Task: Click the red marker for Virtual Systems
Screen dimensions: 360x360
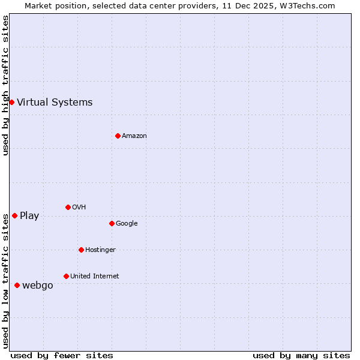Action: tap(11, 102)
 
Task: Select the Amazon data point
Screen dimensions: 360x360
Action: tap(118, 136)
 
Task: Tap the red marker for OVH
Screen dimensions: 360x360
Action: tap(68, 207)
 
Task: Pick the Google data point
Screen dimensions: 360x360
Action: tap(112, 223)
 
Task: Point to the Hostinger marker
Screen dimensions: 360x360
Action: tap(81, 250)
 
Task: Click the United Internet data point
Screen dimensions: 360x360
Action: tap(66, 276)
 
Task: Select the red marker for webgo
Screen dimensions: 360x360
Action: tap(17, 285)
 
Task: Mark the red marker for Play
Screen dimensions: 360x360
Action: tap(14, 215)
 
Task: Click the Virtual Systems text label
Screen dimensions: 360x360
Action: tap(55, 102)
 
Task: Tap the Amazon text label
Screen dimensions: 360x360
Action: tap(134, 136)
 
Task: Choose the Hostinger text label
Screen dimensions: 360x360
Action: tap(100, 250)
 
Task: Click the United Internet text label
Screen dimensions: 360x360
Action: tap(95, 277)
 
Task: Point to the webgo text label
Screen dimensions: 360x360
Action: tap(38, 286)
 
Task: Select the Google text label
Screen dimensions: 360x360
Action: tap(127, 224)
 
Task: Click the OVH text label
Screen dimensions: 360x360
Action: tap(79, 208)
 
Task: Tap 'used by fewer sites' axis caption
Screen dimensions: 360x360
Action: tap(62, 355)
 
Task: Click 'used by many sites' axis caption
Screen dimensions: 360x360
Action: tap(301, 355)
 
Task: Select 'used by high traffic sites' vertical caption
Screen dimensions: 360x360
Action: tap(6, 85)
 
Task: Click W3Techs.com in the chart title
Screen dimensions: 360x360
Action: tap(305, 5)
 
